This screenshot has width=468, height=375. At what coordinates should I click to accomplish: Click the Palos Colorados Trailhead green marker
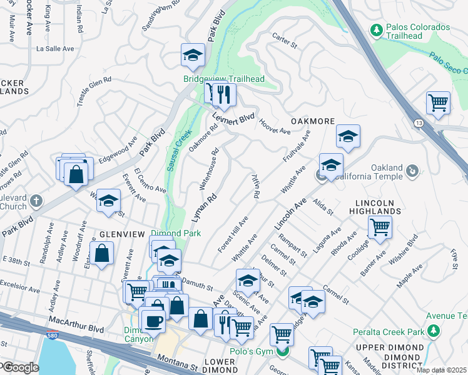click(x=377, y=29)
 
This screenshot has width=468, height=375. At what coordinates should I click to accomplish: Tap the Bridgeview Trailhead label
click(x=223, y=79)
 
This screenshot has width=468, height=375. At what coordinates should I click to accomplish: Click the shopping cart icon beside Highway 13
click(x=438, y=102)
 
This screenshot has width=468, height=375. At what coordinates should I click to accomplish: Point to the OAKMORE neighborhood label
click(x=312, y=121)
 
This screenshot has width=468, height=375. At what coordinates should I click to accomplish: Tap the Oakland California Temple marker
click(x=412, y=170)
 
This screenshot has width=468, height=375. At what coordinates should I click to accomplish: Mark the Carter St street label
click(x=283, y=41)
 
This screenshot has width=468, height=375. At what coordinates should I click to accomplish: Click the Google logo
click(x=21, y=367)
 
